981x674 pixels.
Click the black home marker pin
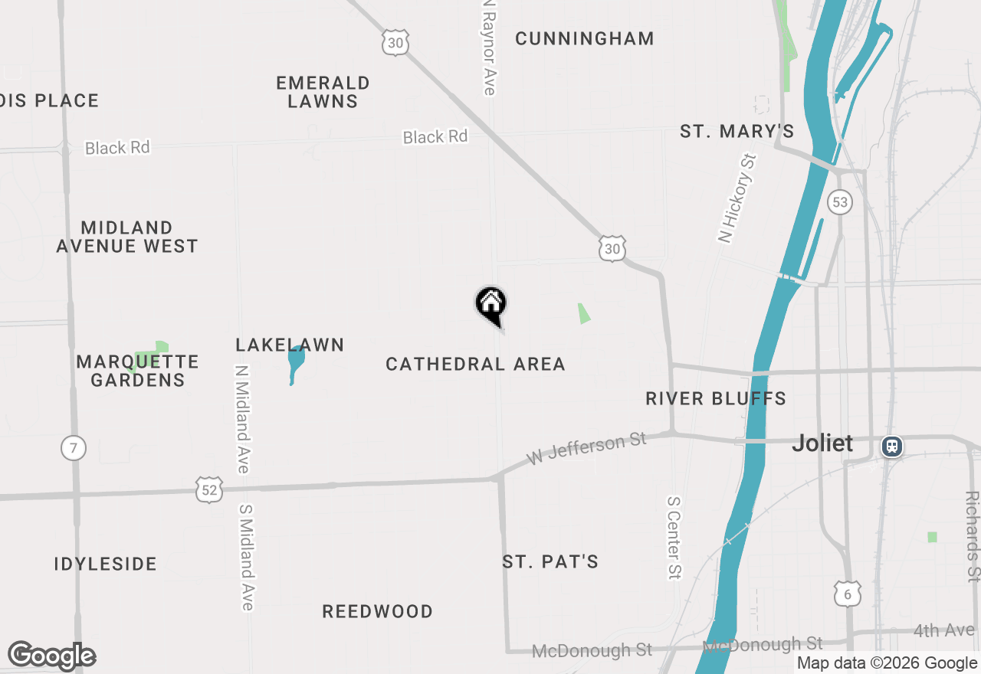click(491, 305)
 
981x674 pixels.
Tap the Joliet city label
click(822, 443)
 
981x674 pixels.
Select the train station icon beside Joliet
click(891, 447)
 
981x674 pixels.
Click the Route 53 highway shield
click(840, 202)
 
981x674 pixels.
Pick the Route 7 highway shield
click(73, 448)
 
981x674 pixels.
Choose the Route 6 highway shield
click(846, 593)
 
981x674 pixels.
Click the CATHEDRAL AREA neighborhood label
click(475, 365)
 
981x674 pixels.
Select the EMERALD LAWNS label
click(323, 92)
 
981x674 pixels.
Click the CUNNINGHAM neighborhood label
click(584, 39)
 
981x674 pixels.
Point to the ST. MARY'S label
click(737, 132)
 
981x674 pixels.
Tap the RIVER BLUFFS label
click(716, 399)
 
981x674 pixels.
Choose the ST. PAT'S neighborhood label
click(550, 562)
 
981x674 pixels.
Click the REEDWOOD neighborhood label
click(377, 612)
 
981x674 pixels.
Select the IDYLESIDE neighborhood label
click(105, 564)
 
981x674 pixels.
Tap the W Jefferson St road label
click(587, 448)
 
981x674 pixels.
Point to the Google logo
click(51, 656)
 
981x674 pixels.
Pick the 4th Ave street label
click(943, 631)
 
